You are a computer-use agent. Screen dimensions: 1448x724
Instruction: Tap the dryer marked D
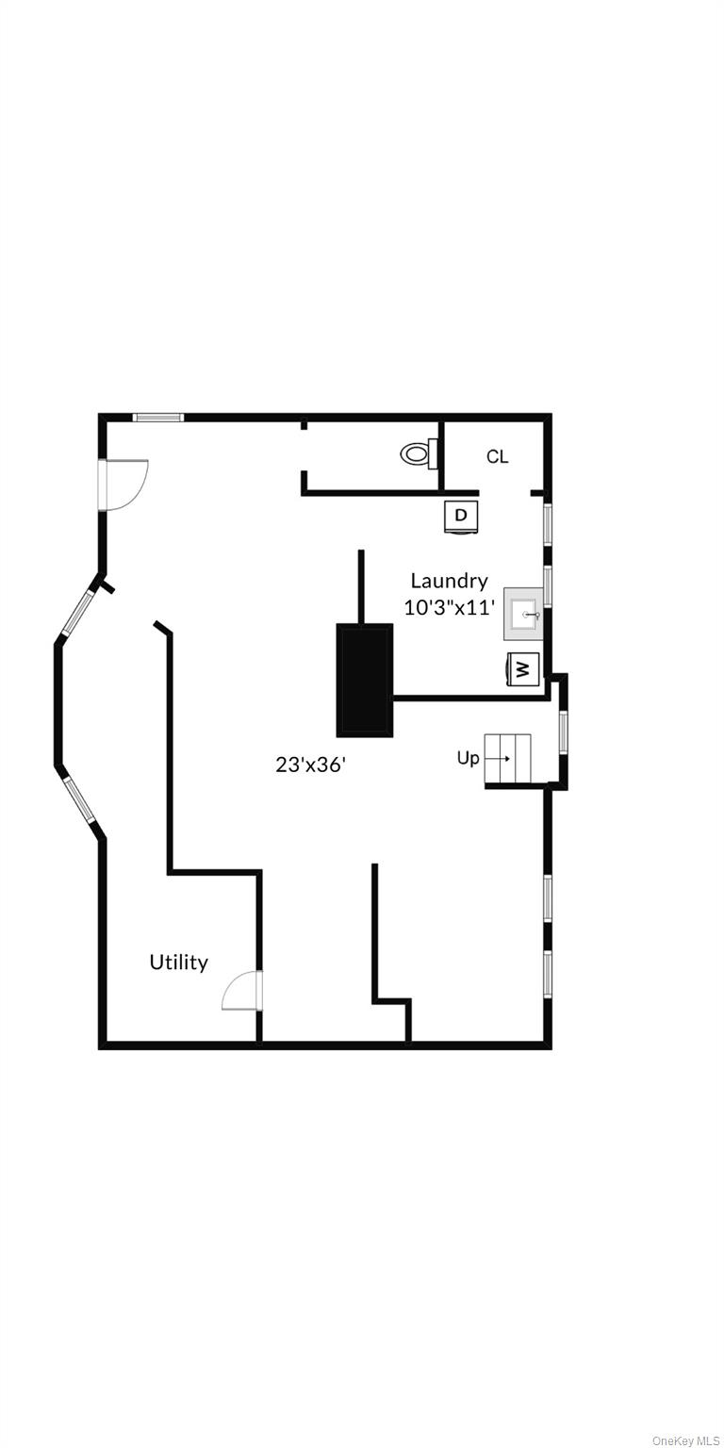pos(461,517)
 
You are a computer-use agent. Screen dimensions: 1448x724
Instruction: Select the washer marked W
pos(523,669)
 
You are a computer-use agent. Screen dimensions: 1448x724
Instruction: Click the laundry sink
pos(523,614)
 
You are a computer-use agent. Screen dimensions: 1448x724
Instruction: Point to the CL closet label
pos(497,457)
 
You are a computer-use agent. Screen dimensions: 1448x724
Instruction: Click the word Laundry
pos(449,581)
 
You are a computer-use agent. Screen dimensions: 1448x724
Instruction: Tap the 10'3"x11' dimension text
pos(449,608)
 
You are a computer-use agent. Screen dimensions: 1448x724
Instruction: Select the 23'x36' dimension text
pos(310,765)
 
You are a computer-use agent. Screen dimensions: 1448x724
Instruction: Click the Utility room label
pos(178,963)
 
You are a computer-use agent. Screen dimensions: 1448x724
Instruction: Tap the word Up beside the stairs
pos(468,758)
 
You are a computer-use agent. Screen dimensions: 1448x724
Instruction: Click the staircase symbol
pos(507,758)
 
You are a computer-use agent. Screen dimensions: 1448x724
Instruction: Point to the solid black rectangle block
pos(365,680)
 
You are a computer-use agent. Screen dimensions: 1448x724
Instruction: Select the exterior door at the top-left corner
pos(123,485)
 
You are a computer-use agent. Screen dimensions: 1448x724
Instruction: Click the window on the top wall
pos(157,417)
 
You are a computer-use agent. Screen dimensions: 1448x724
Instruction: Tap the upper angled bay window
pos(77,612)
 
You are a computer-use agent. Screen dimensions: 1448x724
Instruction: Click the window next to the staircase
pos(563,732)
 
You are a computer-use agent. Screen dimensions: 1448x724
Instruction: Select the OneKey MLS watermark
pos(685,1440)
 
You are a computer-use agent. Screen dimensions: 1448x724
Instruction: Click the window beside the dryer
pos(548,524)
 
